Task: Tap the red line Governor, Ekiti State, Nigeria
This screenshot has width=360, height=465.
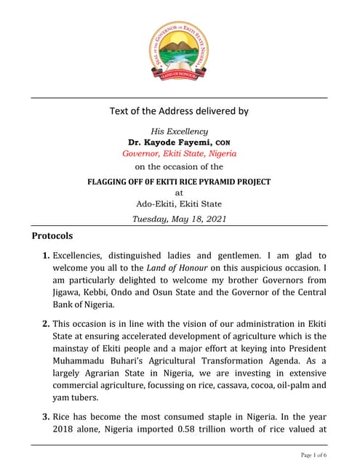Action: click(x=179, y=154)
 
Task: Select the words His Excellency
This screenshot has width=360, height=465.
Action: click(x=179, y=131)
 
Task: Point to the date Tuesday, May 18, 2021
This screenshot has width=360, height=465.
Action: click(x=179, y=218)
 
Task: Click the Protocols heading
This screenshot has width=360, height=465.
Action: click(x=52, y=236)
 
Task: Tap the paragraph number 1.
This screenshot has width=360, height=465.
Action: click(x=46, y=256)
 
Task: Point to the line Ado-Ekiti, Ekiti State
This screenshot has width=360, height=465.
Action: click(x=179, y=204)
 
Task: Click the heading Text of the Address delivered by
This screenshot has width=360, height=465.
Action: click(x=179, y=111)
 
